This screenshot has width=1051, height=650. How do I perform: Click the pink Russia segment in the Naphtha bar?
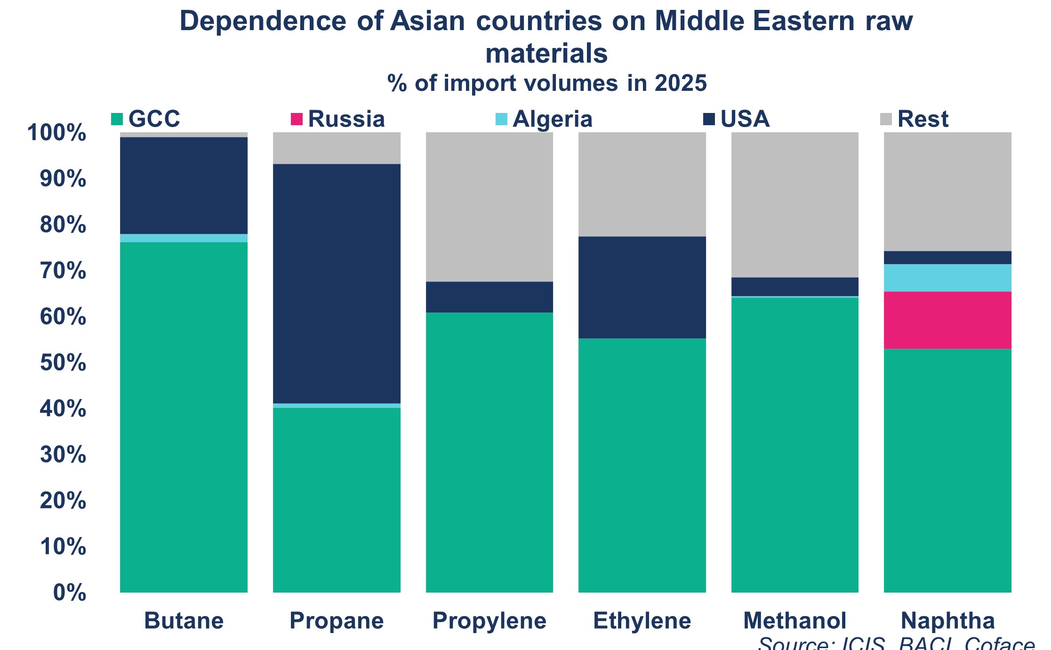click(947, 320)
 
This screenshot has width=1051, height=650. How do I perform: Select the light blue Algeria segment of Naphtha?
click(947, 278)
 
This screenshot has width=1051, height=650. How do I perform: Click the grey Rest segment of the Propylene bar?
click(489, 207)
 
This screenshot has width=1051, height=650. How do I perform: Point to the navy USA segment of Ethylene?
click(642, 287)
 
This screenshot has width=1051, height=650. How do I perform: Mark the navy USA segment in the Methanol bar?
click(794, 286)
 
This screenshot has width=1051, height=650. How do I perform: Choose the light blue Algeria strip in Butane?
click(184, 238)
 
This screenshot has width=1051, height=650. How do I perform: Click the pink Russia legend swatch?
click(297, 119)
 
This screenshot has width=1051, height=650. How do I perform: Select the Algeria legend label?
click(553, 119)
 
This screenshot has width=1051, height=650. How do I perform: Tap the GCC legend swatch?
click(117, 119)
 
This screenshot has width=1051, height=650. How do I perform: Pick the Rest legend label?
click(923, 119)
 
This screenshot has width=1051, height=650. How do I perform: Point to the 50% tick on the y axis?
click(63, 363)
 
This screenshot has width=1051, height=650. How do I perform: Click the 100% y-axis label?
click(57, 133)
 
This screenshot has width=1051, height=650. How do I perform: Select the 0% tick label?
click(70, 593)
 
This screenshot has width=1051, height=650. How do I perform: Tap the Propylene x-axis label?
click(489, 621)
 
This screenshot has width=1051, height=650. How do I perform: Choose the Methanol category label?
click(794, 621)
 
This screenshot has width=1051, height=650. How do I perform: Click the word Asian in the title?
click(427, 21)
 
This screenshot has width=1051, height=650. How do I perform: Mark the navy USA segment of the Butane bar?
click(184, 185)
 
